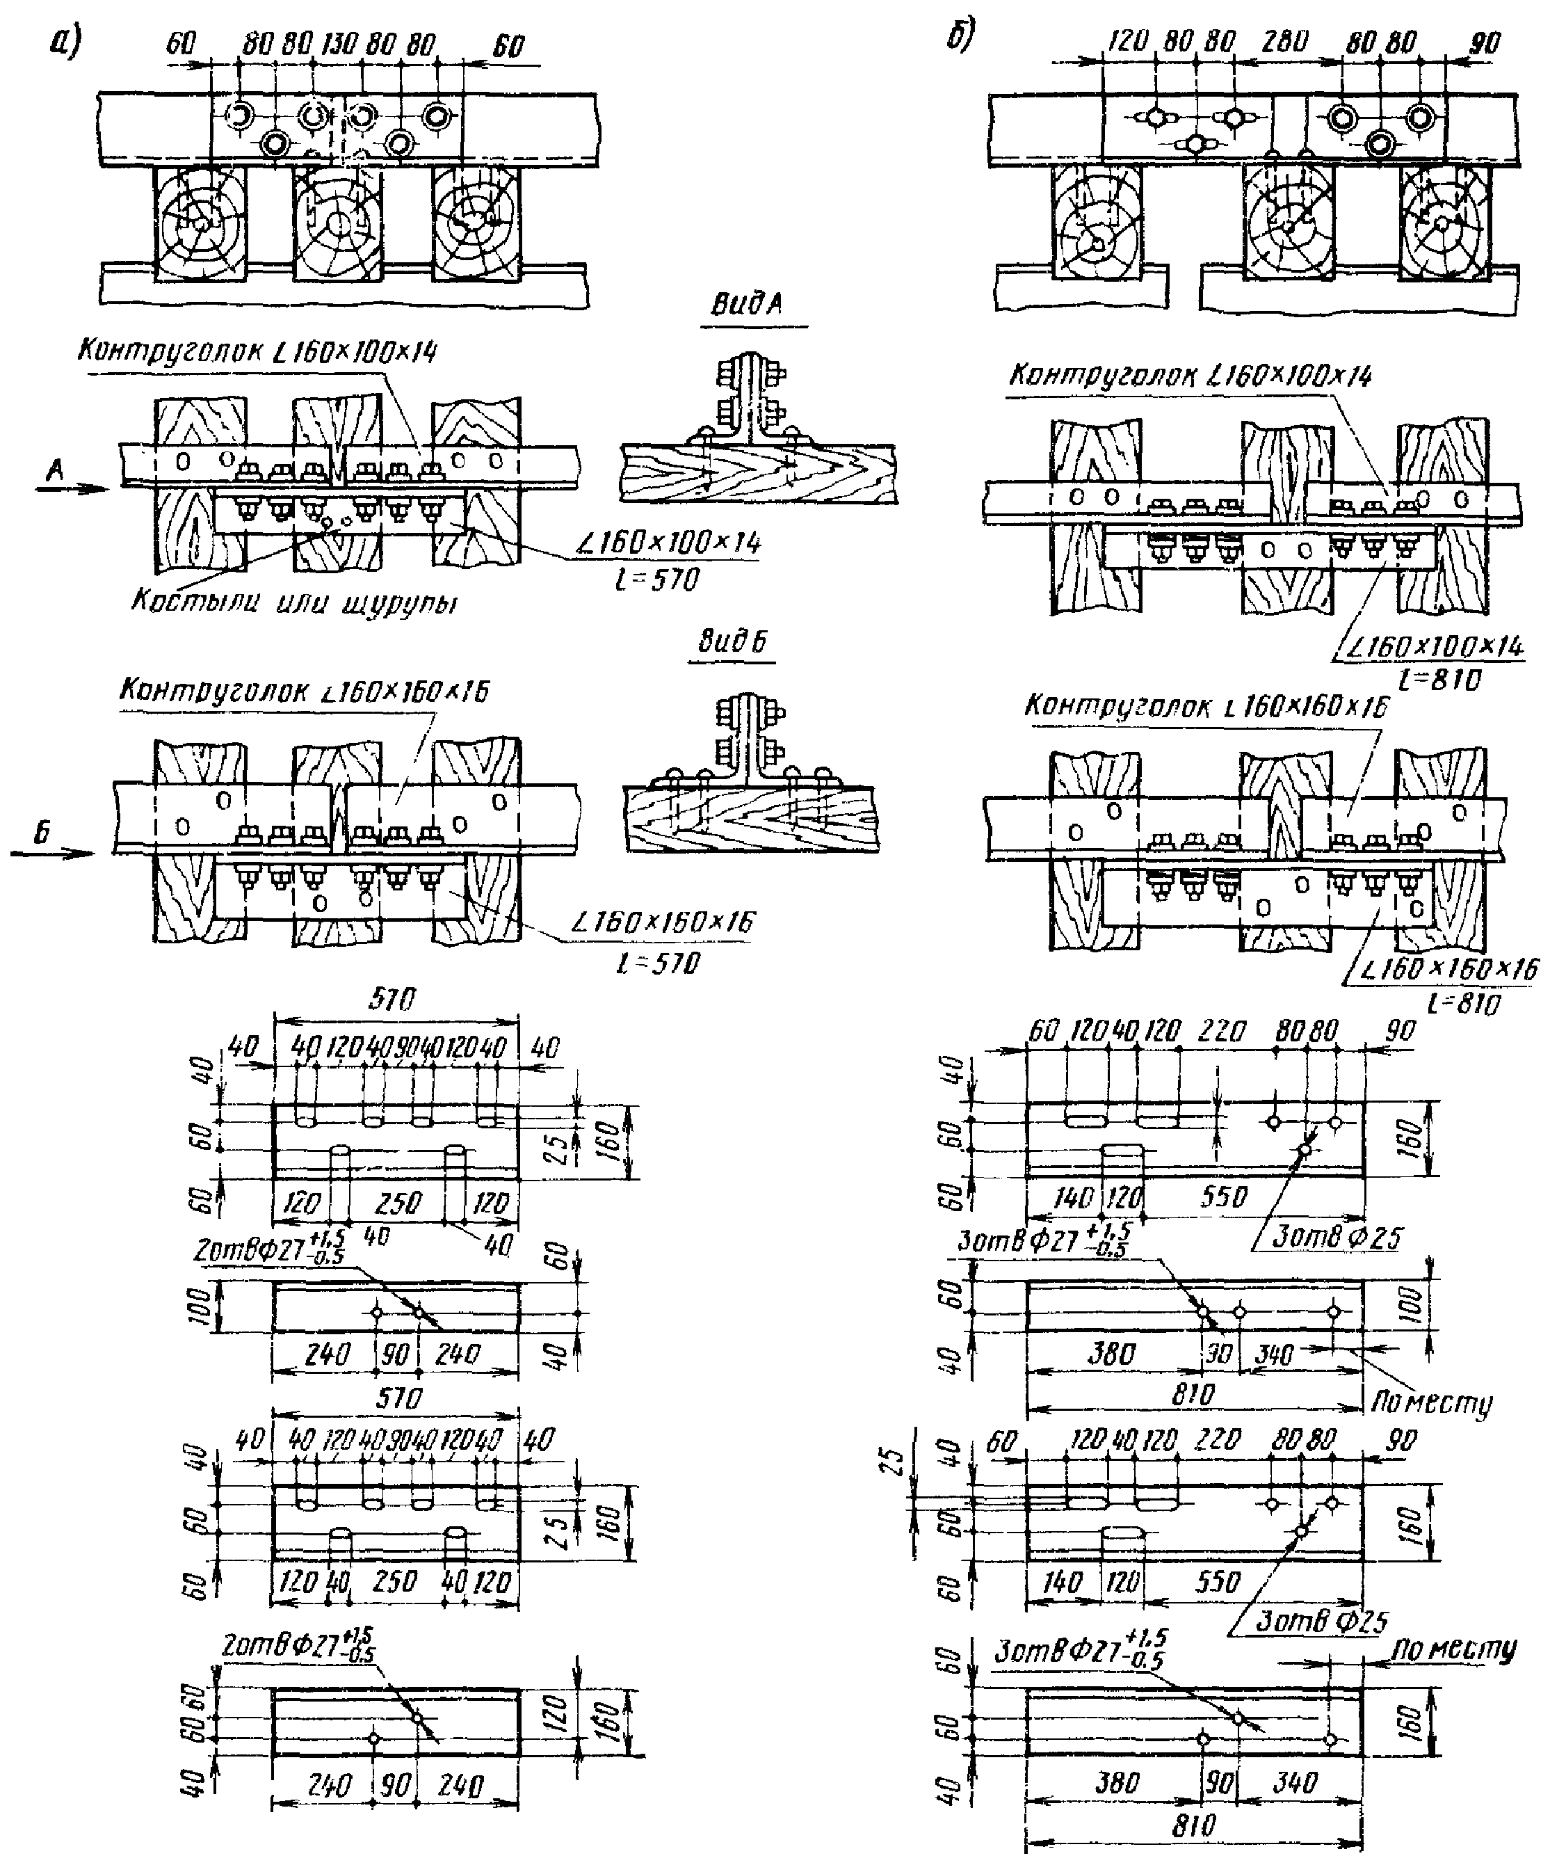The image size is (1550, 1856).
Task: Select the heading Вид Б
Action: (x=733, y=641)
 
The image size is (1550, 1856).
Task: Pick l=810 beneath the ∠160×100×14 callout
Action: (x=1439, y=679)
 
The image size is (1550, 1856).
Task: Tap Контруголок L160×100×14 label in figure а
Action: (x=257, y=352)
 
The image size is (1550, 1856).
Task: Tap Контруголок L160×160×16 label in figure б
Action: (x=1206, y=706)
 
